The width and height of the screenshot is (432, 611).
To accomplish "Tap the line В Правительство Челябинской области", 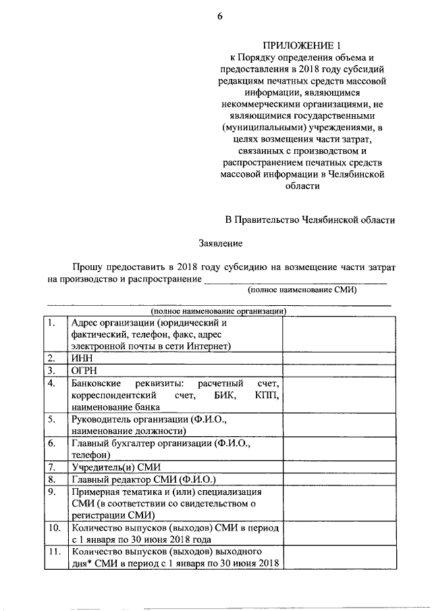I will coord(310,219).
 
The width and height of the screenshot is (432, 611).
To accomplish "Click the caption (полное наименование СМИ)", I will coord(302,290).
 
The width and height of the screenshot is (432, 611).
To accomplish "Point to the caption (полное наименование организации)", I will coord(220,311).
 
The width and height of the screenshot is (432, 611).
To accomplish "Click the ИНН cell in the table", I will coord(80,358).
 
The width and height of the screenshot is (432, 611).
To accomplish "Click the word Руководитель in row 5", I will coord(101,419).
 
